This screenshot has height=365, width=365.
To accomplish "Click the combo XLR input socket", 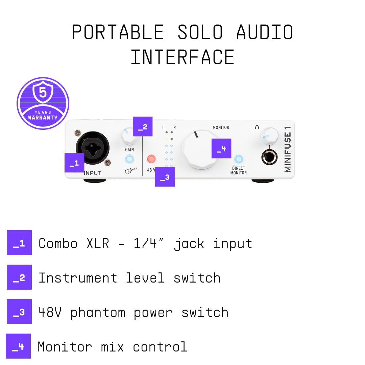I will pos(92,148).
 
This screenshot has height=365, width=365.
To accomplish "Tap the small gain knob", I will pos(128,136).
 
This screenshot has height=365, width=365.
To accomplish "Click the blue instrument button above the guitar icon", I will pos(129,159).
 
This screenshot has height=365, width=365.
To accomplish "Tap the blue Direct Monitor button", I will pos(239,159).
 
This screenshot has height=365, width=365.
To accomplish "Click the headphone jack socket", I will pos(269,157).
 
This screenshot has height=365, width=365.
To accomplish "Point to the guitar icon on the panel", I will pos(131,171).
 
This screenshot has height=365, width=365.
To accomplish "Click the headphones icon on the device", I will pos(257,127).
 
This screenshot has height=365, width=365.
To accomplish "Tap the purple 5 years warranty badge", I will pos(43,103).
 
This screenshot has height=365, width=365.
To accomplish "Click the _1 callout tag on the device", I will pos(74,163).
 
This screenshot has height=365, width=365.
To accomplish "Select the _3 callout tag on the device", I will pos(165,177).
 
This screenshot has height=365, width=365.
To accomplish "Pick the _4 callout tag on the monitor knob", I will pos(221,148).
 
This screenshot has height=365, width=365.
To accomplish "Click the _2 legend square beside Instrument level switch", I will pos(19,277).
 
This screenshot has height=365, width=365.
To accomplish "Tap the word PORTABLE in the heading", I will pos(118,32).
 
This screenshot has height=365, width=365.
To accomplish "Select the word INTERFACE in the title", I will pos(182,57).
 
